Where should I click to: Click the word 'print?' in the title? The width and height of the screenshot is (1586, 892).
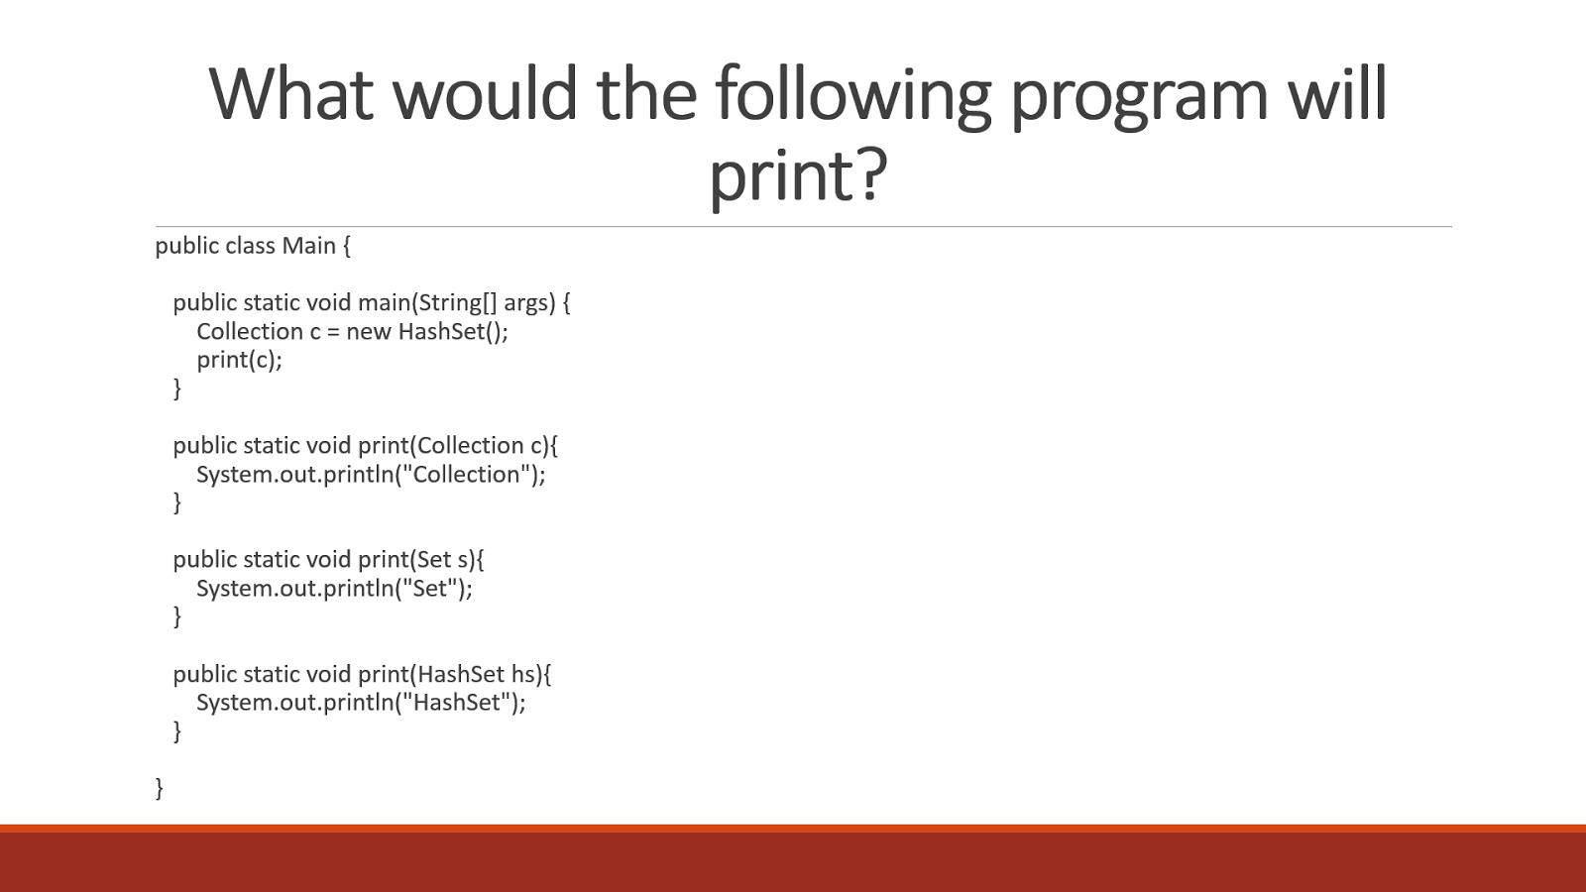point(798,175)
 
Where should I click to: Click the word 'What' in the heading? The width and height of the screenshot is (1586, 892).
point(291,94)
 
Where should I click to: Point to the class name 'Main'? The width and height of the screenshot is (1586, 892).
point(308,246)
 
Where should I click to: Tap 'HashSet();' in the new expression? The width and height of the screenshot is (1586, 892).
point(453,331)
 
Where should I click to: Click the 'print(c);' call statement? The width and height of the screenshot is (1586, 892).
point(239,360)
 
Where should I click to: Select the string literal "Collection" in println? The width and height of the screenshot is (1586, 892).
point(467,475)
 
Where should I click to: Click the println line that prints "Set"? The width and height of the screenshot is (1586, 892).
point(334,589)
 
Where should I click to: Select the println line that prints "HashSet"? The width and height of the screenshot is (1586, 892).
point(361,703)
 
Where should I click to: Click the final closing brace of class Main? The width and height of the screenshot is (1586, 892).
point(159,788)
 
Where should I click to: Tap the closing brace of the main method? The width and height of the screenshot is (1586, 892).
point(177,389)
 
